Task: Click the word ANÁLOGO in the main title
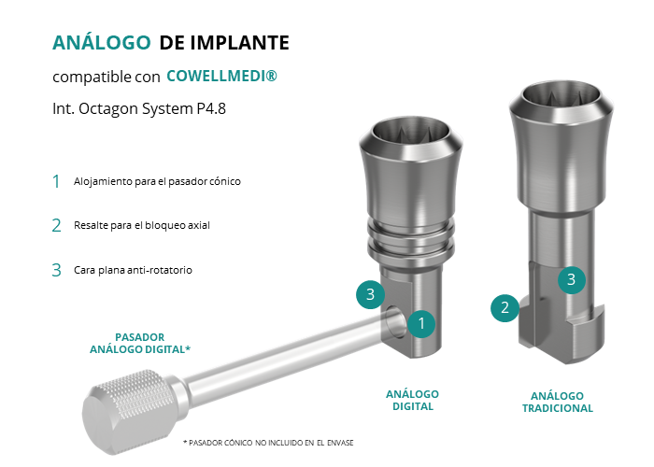(x=101, y=43)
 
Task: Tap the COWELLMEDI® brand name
(x=221, y=76)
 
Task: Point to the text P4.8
(x=211, y=108)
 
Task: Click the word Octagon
(x=108, y=109)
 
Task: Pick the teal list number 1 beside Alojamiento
(x=56, y=181)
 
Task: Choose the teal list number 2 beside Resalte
(x=56, y=226)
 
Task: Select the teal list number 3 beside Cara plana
(x=56, y=270)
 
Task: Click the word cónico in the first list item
(x=226, y=181)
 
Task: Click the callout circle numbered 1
(x=421, y=323)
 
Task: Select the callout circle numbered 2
(x=505, y=307)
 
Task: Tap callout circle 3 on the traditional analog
(x=572, y=279)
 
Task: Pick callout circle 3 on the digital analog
(x=370, y=294)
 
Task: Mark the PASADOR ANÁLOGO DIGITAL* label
(x=140, y=343)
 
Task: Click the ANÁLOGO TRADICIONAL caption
(x=557, y=402)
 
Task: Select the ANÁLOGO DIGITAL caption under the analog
(x=413, y=401)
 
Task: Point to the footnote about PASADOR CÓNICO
(x=268, y=443)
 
